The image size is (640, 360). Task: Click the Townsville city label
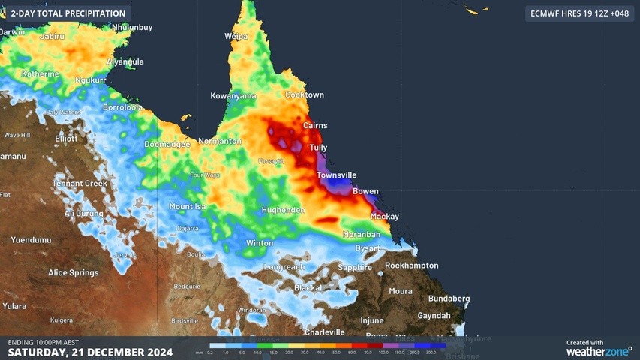(336, 175)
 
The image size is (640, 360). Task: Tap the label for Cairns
(314, 126)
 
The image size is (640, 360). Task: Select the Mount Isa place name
(188, 207)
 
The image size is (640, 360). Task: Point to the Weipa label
(236, 36)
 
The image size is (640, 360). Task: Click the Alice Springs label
(73, 273)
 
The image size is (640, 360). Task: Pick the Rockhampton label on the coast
(412, 265)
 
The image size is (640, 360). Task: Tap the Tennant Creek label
(80, 184)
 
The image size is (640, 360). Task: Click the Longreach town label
(284, 267)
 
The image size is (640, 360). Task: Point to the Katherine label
(40, 74)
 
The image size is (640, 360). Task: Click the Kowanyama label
(233, 96)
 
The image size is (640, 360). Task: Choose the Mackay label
(385, 217)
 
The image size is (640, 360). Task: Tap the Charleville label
(324, 332)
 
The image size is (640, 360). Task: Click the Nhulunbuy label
(132, 28)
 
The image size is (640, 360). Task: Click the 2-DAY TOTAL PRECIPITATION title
(68, 13)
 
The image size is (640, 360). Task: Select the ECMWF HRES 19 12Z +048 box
(578, 13)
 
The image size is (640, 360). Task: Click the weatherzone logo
(598, 349)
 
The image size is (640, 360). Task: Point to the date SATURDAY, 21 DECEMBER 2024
(90, 352)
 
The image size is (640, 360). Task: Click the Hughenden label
(284, 211)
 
